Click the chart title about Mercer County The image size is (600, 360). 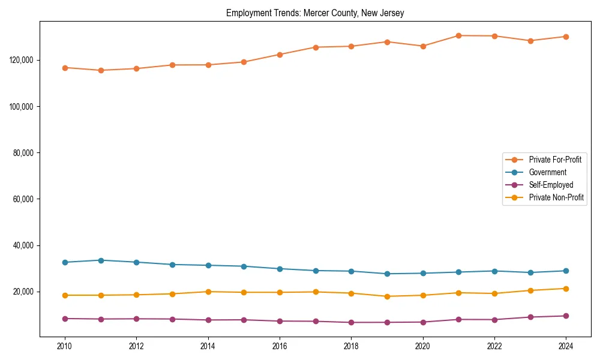(315, 13)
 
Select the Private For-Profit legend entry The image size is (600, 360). (554, 160)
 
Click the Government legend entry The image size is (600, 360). (547, 172)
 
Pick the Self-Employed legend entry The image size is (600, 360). (551, 185)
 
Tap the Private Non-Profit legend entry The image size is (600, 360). (556, 197)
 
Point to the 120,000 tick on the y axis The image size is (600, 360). (21, 60)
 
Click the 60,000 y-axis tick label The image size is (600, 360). (23, 199)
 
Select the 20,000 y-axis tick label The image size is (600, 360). (23, 292)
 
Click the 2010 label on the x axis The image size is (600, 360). (65, 346)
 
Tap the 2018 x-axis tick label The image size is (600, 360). (351, 346)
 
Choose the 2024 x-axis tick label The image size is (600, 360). (566, 346)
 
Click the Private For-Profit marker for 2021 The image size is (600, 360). (458, 35)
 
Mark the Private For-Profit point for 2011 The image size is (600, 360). (101, 70)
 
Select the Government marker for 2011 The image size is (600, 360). (101, 260)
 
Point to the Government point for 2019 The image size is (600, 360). (387, 274)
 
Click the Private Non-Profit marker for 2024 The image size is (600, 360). (566, 289)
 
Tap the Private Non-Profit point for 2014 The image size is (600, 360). (208, 292)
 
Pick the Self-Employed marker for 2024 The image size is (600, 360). (566, 316)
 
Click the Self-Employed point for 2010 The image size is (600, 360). (65, 319)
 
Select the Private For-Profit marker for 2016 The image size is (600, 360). (280, 55)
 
